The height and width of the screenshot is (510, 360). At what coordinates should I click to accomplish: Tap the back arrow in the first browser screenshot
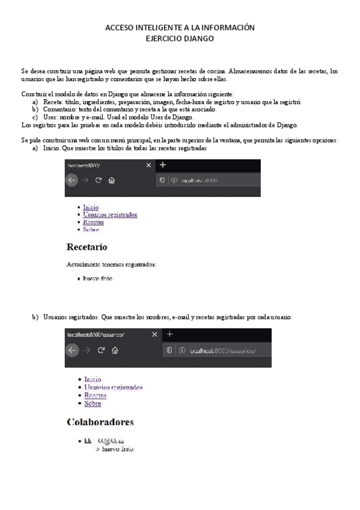(72, 179)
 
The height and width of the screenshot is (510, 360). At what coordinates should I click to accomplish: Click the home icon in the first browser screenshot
(112, 180)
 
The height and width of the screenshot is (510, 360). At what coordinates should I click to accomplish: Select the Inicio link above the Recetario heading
(91, 207)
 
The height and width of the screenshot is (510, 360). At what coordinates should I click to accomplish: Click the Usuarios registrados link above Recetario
(110, 215)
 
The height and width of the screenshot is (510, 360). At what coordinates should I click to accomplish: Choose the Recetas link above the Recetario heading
(94, 222)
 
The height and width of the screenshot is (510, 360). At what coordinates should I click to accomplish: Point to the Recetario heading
(87, 247)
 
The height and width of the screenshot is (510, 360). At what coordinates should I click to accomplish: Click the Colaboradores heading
(100, 422)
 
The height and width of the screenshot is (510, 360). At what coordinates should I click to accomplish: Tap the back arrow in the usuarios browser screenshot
(72, 351)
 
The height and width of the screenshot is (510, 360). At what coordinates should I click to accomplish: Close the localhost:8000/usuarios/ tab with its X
(154, 334)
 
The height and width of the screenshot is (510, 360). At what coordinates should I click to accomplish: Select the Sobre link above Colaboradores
(93, 404)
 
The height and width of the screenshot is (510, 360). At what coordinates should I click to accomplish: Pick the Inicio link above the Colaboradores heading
(93, 379)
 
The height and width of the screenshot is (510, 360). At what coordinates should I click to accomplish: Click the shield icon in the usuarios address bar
(169, 351)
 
